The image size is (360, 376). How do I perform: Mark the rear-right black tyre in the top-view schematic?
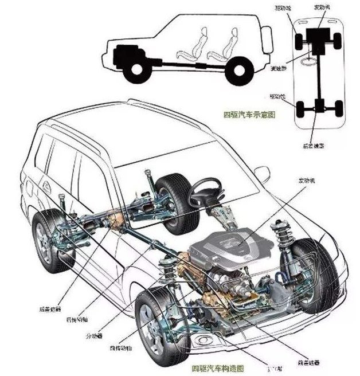(x=338, y=107)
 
